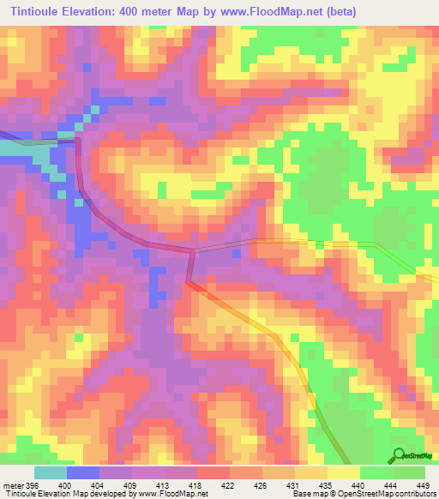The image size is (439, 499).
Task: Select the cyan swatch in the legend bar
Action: pos(51,472)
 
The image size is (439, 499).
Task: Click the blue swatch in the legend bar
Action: pos(83,472)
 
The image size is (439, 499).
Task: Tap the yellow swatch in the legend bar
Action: pos(343,472)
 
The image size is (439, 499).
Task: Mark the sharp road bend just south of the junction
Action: pos(189,280)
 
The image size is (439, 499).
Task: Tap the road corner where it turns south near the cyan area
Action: pos(78,137)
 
